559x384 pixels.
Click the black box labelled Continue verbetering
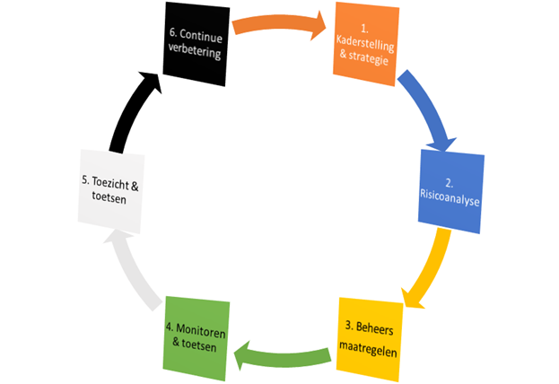[x=197, y=44]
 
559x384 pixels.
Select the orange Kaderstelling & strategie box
[x=366, y=44]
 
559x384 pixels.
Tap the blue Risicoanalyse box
[x=451, y=191]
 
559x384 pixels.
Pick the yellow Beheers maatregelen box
[x=370, y=339]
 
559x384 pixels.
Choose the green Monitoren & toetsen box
[x=197, y=338]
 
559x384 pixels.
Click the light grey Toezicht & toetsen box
[x=111, y=191]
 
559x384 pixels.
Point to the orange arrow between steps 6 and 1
[x=280, y=23]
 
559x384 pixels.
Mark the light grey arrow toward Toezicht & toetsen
[x=132, y=271]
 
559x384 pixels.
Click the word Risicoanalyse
[x=450, y=198]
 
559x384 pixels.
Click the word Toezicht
[x=111, y=183]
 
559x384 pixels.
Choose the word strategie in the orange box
[x=369, y=57]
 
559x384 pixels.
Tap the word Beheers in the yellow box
[x=375, y=328]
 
